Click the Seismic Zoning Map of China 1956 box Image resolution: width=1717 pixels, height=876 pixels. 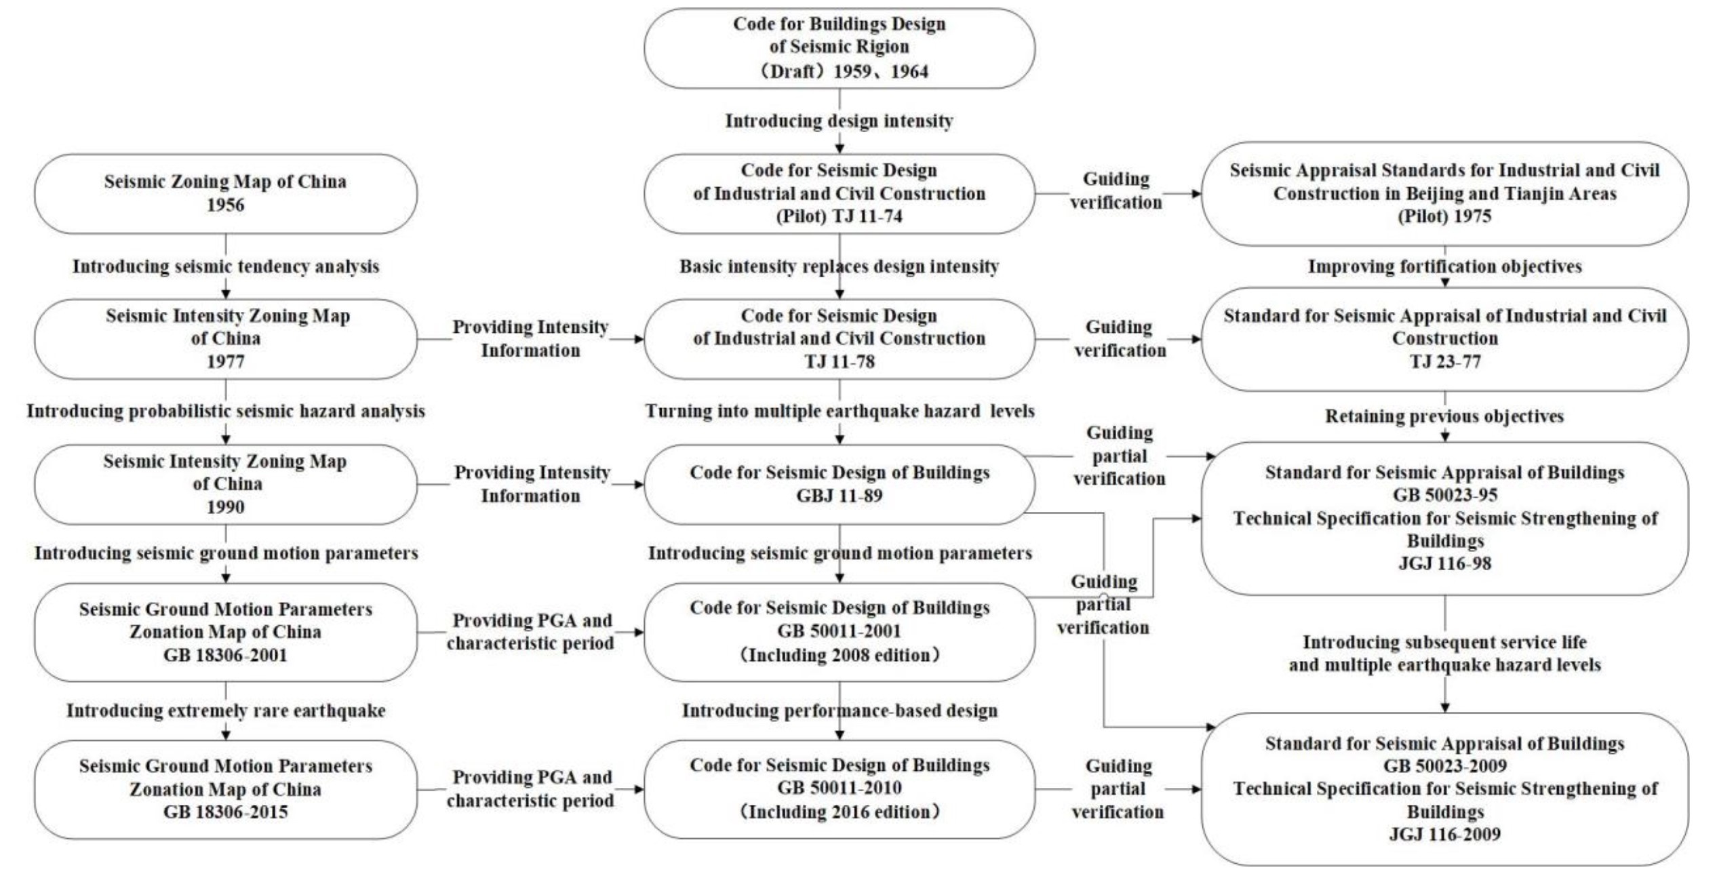[x=225, y=193]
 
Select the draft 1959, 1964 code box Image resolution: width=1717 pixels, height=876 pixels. [x=839, y=47]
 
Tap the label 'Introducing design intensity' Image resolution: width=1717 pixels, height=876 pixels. [x=839, y=121]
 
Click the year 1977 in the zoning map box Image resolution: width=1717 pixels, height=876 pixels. [x=225, y=361]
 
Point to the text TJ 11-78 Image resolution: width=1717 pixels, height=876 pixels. [x=839, y=361]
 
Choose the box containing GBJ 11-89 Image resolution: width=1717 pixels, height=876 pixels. [x=839, y=484]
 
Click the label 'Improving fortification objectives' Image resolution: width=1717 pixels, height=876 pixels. [x=1444, y=266]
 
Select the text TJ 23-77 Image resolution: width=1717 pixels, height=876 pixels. [x=1444, y=361]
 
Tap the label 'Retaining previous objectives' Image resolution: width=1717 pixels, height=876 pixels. [x=1444, y=416]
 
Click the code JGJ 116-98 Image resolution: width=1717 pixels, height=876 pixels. [x=1444, y=563]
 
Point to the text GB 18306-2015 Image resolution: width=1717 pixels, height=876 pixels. [x=225, y=812]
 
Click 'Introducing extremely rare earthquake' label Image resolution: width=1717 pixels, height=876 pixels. [x=225, y=711]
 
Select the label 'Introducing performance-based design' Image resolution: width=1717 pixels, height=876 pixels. [x=839, y=711]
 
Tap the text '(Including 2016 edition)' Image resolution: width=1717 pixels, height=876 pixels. [x=839, y=812]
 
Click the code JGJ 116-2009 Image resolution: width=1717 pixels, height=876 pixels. [x=1444, y=834]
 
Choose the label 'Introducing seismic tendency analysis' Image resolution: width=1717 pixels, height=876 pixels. [x=225, y=266]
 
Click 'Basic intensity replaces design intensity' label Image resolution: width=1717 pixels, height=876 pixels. [x=839, y=266]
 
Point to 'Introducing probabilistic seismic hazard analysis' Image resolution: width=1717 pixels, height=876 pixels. [x=225, y=411]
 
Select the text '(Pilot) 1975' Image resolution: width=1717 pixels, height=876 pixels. [x=1444, y=216]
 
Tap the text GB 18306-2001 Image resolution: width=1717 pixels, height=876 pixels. [x=225, y=655]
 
